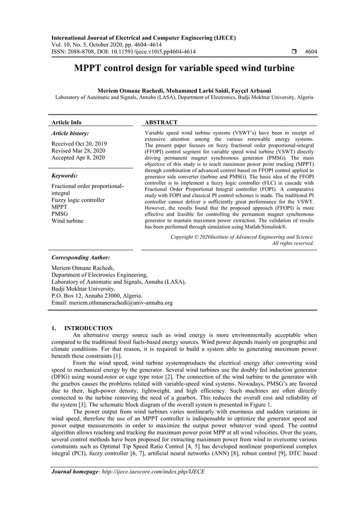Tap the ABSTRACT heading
(x=161, y=122)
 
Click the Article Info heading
(x=67, y=122)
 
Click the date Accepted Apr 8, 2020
(x=78, y=157)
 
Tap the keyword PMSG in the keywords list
(x=60, y=213)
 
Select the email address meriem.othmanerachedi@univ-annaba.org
(x=112, y=302)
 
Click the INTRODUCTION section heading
(x=89, y=328)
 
